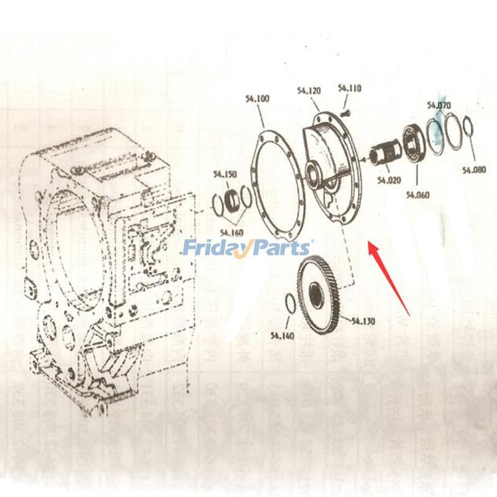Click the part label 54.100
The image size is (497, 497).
257,98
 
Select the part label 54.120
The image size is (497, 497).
309,91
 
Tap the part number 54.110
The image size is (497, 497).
350,89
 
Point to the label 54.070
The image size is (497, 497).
439,106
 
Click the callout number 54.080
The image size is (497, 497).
474,170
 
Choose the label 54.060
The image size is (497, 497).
418,194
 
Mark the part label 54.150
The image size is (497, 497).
224,175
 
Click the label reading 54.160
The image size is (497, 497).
231,233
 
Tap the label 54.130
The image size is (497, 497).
363,321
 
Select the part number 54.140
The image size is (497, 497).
282,336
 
